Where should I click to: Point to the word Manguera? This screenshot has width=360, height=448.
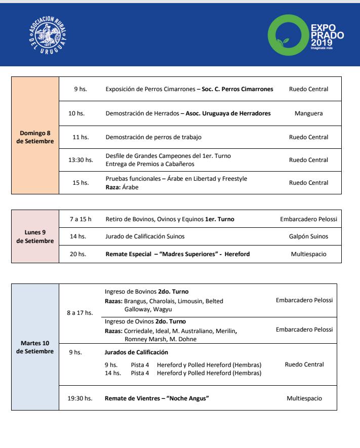point(308,114)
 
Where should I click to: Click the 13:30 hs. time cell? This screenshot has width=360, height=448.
point(81,160)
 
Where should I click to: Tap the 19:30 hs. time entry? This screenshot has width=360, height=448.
point(80,398)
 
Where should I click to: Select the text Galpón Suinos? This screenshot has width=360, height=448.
point(308,236)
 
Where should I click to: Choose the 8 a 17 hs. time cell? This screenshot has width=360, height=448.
point(80,313)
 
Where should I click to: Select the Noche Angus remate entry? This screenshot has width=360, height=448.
point(157,398)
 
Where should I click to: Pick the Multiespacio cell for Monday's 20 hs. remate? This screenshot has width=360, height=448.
point(308,254)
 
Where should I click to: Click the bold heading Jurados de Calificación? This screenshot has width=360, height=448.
point(136,352)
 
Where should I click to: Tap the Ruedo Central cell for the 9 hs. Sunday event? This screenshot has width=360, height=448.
point(308,89)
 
